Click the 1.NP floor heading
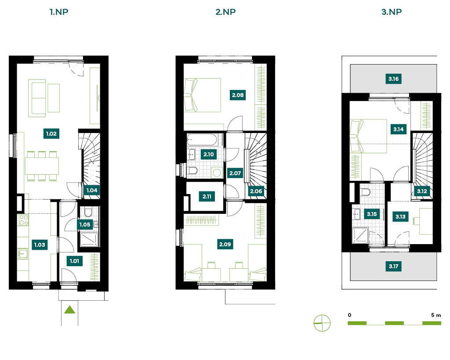[59, 12]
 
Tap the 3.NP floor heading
[392, 12]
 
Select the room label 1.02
[51, 133]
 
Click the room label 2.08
[238, 95]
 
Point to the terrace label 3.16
[393, 79]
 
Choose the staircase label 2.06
[256, 191]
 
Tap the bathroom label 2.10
[209, 154]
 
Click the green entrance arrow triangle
[70, 310]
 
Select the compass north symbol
[322, 323]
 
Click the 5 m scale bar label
[436, 315]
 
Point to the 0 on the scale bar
[349, 315]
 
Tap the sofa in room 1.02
[37, 98]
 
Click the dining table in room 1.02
[42, 166]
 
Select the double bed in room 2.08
[202, 95]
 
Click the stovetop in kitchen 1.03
[24, 220]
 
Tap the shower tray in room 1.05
[89, 240]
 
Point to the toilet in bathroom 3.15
[366, 192]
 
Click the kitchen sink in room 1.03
[23, 254]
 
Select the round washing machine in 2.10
[217, 173]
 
